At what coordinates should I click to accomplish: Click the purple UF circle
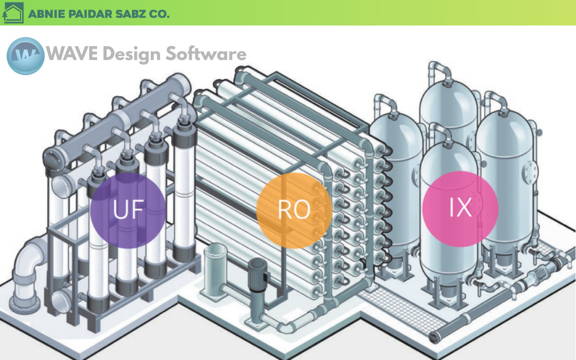pyautogui.click(x=128, y=210)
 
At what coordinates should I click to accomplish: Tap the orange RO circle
pyautogui.click(x=294, y=210)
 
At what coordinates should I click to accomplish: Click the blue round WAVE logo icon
pyautogui.click(x=25, y=56)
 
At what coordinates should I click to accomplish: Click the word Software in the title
pyautogui.click(x=206, y=54)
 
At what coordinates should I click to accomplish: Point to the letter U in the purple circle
pyautogui.click(x=119, y=210)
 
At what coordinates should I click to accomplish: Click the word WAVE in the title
pyautogui.click(x=72, y=54)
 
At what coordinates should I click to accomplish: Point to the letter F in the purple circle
pyautogui.click(x=136, y=210)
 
